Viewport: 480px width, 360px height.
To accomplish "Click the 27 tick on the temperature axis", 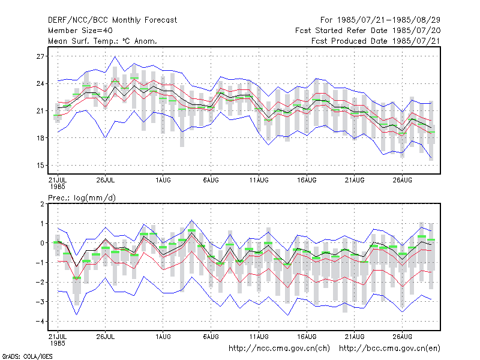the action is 40,56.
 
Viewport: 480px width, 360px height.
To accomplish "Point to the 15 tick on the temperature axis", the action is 40,166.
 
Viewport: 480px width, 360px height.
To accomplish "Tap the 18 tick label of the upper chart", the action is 40,138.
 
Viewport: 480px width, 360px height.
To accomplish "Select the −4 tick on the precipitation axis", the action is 40,322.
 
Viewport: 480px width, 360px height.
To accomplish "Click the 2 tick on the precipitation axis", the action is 42,204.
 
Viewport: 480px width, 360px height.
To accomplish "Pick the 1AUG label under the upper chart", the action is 163,180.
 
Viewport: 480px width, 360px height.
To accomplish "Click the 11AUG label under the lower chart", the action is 259,337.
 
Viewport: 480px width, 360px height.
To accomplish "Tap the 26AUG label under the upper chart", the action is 402,180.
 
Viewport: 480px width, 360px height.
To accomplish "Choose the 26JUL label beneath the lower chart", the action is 106,337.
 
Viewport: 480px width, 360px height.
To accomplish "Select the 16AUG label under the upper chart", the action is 307,180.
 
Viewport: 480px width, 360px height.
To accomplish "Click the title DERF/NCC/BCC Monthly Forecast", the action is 112,20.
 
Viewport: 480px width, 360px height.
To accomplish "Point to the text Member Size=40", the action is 80,31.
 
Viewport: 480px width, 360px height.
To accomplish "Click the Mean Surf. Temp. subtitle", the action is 103,41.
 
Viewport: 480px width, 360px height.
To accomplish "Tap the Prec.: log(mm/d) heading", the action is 82,198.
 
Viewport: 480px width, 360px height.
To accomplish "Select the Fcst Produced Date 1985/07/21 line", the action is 376,41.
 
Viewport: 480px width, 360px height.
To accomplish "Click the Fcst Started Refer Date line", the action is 368,31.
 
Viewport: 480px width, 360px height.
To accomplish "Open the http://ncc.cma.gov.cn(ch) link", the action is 279,349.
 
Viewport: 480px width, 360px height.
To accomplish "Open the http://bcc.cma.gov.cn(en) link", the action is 389,349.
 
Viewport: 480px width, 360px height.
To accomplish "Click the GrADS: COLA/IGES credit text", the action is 27,356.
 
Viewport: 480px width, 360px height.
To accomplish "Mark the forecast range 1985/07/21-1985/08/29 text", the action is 380,20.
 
